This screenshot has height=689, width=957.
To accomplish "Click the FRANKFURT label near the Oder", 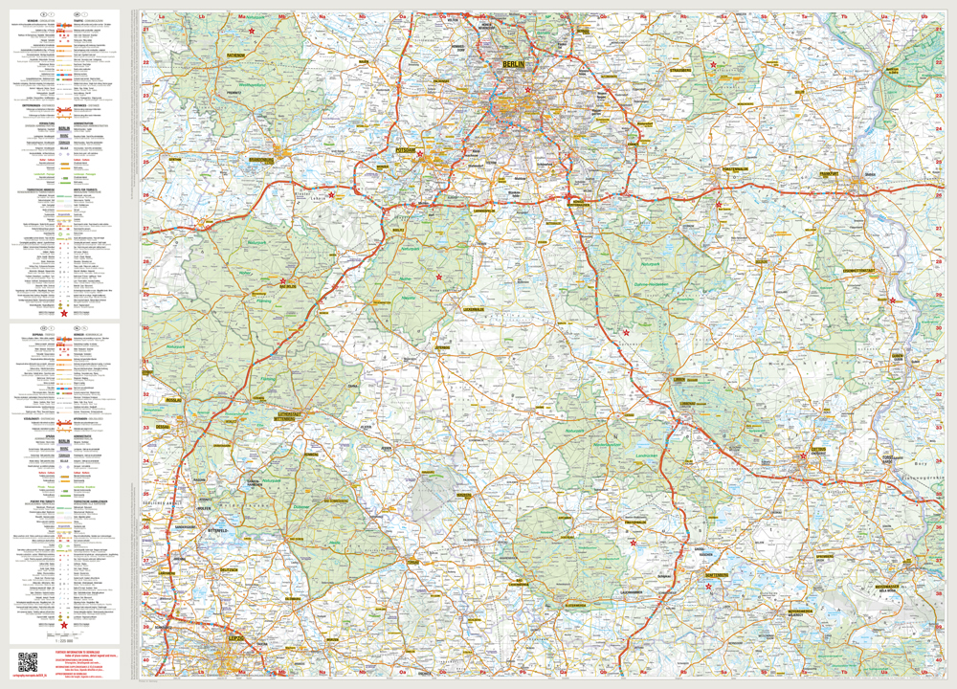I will click(x=830, y=173).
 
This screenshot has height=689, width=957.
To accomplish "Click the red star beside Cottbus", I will click(x=804, y=456).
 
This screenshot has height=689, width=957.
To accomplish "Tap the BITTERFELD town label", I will click(x=216, y=529).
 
